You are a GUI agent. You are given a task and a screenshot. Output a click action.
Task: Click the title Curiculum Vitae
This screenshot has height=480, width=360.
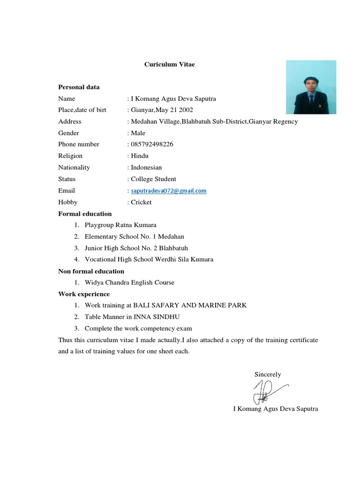point(169,64)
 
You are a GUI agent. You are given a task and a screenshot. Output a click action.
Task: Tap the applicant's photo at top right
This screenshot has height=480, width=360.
point(311,87)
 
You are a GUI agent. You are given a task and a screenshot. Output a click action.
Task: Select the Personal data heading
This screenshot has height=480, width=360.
point(79,87)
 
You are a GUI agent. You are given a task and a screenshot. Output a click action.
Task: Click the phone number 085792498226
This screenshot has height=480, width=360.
point(152,144)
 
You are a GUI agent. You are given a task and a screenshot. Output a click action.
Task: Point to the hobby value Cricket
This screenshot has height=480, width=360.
point(141,202)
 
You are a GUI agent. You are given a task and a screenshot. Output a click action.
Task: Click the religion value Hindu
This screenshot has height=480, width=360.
point(139,156)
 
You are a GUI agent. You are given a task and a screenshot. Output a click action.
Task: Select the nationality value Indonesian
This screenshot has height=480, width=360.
point(146,167)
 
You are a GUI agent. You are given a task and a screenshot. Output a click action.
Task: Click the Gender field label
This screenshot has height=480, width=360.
point(68,133)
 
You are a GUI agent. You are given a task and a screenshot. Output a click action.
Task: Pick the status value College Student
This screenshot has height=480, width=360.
point(153,179)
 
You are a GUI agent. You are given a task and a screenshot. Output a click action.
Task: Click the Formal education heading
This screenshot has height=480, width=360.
point(85,214)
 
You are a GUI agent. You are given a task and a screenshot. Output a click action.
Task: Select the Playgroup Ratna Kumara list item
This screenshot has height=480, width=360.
point(120,225)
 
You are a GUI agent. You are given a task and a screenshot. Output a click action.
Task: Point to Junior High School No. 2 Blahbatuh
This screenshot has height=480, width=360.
point(136,248)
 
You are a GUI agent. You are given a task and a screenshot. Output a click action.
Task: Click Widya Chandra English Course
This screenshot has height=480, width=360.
point(129,283)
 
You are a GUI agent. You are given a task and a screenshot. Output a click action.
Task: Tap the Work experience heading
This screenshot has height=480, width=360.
point(84,294)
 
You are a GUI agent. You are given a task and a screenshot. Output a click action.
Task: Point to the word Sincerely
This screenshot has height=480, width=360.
point(268,374)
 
